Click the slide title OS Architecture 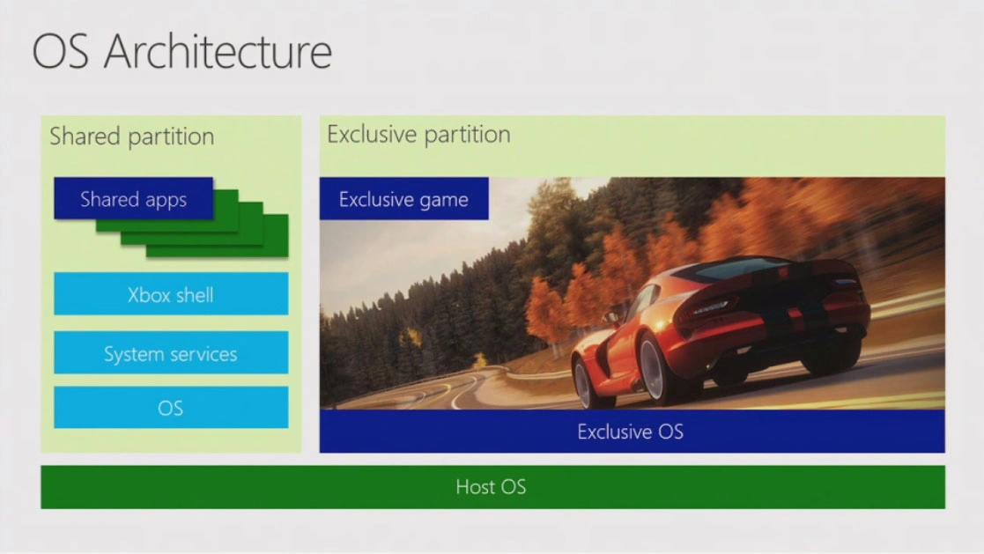point(182,51)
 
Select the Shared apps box point(134,198)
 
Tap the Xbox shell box point(171,293)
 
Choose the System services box point(171,352)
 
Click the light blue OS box point(171,407)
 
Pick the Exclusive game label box point(404,198)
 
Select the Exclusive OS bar point(632,431)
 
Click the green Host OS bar point(492,487)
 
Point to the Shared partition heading point(132,137)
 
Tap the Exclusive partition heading point(418,134)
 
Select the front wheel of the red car point(583,383)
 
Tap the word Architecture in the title point(218,51)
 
